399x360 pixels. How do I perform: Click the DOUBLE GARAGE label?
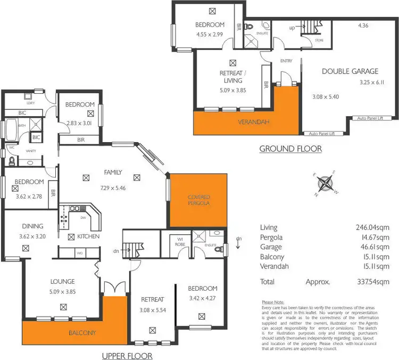pos(350,71)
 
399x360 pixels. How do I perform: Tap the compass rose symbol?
pos(325,184)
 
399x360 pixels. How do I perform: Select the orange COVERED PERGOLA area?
pos(198,200)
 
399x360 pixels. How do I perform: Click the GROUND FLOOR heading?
pos(290,149)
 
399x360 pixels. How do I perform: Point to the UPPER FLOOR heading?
pos(128,356)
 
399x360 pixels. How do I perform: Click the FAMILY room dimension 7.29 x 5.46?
pos(113,189)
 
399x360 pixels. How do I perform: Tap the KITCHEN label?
pos(88,236)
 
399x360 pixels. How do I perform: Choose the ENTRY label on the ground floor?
pos(286,61)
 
